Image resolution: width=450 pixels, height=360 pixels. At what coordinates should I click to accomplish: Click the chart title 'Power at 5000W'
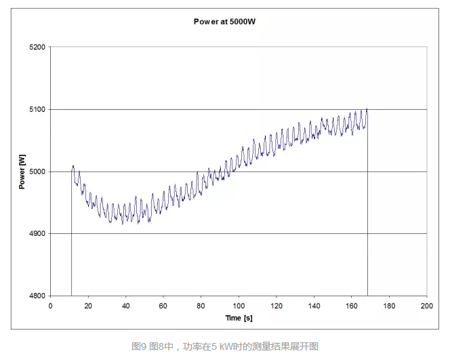pyautogui.click(x=224, y=22)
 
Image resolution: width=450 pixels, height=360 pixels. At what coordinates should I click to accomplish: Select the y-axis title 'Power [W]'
pyautogui.click(x=22, y=172)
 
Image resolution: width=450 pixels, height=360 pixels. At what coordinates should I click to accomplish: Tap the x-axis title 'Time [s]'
pyautogui.click(x=239, y=317)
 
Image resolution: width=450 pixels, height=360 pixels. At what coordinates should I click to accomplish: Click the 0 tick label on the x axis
pyautogui.click(x=50, y=305)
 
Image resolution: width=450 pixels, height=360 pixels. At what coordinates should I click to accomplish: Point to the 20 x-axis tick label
pyautogui.click(x=88, y=305)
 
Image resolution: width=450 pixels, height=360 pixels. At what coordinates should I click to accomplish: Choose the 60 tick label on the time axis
pyautogui.click(x=163, y=305)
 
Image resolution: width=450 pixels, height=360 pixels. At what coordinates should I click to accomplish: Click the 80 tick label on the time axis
pyautogui.click(x=201, y=305)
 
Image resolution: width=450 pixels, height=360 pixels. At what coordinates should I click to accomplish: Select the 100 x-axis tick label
pyautogui.click(x=239, y=305)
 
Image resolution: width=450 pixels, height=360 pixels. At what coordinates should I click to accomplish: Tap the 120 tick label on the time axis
pyautogui.click(x=276, y=305)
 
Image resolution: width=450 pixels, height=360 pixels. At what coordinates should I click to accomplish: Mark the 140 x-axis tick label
pyautogui.click(x=314, y=305)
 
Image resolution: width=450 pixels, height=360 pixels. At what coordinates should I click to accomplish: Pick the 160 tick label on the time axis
pyautogui.click(x=351, y=305)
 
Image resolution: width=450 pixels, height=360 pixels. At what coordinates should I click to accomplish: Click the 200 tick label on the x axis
pyautogui.click(x=426, y=305)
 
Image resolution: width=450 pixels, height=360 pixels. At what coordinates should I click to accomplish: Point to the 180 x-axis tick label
pyautogui.click(x=389, y=305)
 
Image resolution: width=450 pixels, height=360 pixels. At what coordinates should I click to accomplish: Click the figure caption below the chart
pyautogui.click(x=224, y=346)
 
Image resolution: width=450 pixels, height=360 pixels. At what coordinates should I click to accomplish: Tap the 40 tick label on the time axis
pyautogui.click(x=125, y=305)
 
